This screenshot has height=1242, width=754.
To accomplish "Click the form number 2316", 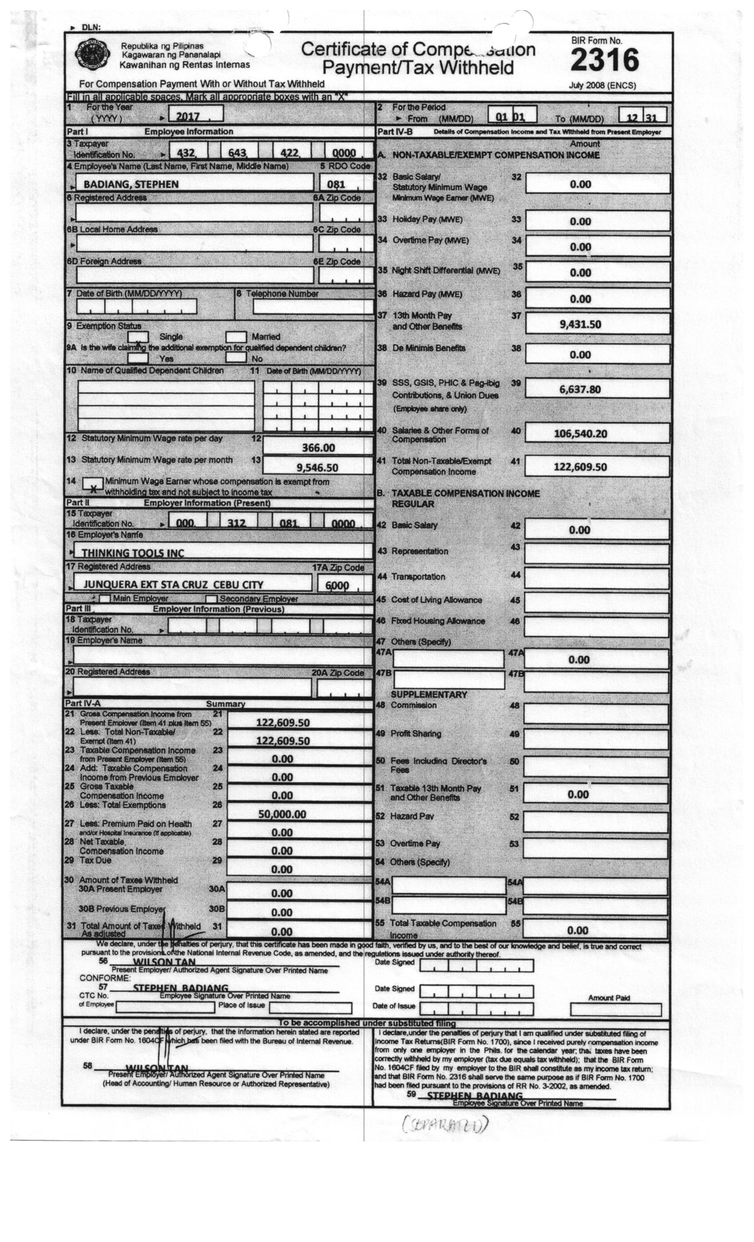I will (x=604, y=60).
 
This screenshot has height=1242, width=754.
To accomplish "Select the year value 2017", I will (x=188, y=116).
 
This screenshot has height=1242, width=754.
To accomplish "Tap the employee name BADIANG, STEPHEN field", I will (x=131, y=184).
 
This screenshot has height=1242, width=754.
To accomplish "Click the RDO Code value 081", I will (x=336, y=185).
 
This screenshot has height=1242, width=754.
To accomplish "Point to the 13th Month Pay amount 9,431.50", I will (x=580, y=324).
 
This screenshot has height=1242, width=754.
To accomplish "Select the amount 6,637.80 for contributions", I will (x=580, y=389).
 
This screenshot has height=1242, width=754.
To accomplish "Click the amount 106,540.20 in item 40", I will (x=580, y=433).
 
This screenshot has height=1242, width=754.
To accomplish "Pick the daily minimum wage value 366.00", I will (x=318, y=448).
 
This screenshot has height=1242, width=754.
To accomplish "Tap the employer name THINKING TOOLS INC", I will (x=133, y=553).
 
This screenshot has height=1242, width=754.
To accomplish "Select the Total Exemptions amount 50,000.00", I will (x=282, y=814).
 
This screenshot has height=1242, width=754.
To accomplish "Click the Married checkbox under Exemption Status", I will (x=236, y=336).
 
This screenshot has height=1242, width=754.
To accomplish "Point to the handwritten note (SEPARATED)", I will (x=445, y=1124).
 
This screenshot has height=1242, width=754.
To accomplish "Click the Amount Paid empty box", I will (x=616, y=1010).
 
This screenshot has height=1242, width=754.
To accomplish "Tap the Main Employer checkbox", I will (x=105, y=599).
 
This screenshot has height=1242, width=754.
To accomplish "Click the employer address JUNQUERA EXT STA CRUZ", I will (x=173, y=585).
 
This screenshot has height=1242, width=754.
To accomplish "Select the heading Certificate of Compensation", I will (x=418, y=58).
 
